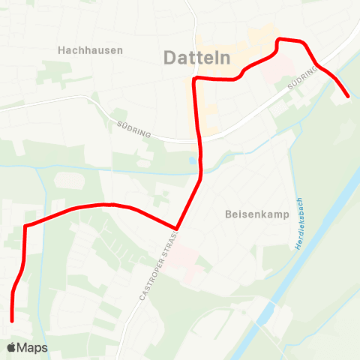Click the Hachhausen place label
90,49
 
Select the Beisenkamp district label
253,213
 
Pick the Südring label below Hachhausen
135,129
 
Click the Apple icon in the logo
12,347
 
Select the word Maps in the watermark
33,347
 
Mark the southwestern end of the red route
13,320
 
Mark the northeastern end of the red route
348,96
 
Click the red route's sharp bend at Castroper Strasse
176,228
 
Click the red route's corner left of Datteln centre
195,79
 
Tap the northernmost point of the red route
280,39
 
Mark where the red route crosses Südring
200,139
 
